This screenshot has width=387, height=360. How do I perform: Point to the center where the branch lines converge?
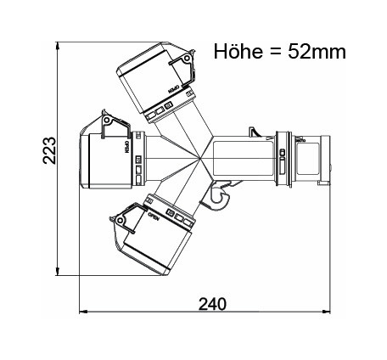(x=201, y=159)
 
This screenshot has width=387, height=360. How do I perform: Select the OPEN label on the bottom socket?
(x=155, y=218)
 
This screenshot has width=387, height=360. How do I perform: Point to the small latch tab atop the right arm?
(x=251, y=133)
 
